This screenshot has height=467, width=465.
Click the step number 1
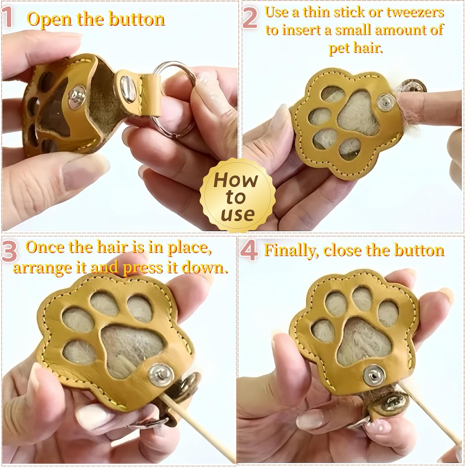8,18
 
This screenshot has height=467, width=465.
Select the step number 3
9,251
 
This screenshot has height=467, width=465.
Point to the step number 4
249,251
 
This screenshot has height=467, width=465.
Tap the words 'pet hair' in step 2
355,48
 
